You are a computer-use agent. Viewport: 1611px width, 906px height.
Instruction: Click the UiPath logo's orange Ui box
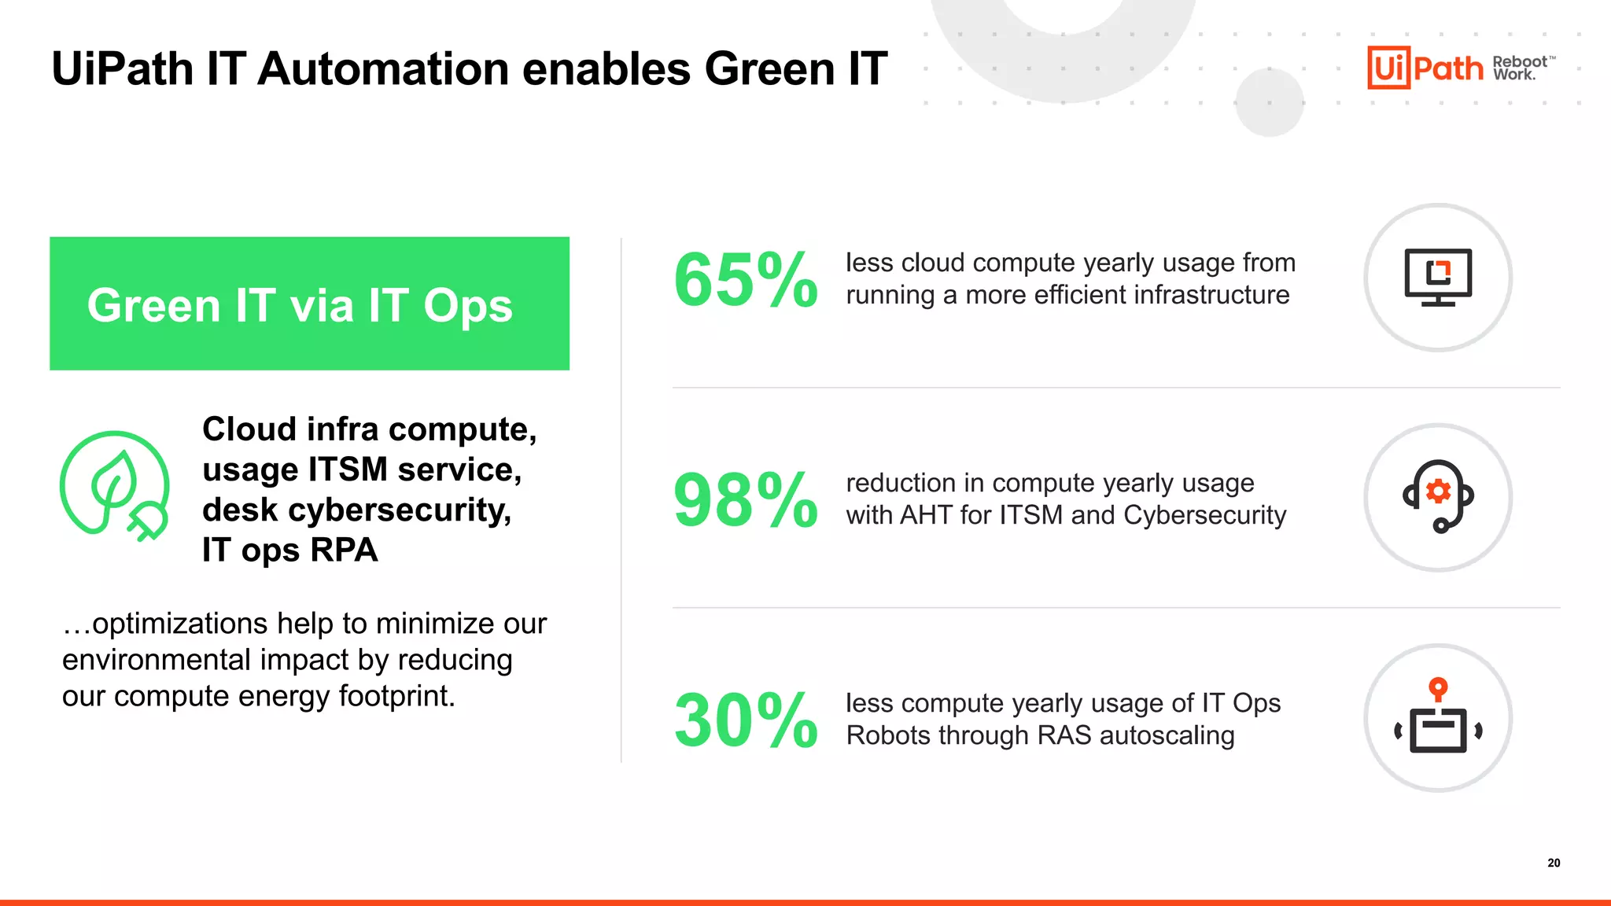[x=1388, y=68]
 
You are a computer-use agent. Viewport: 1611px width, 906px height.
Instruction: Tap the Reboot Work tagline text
[x=1521, y=68]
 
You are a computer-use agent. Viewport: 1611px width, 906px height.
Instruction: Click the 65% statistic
[x=745, y=280]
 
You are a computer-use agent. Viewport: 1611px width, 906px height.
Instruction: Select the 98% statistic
[x=745, y=500]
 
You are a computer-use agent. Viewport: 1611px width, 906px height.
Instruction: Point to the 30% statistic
[x=745, y=720]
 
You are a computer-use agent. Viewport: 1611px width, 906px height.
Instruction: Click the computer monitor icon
[x=1438, y=277]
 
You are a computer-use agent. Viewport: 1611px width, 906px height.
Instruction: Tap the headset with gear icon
[x=1438, y=496]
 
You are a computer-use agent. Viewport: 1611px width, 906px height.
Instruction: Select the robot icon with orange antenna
[x=1438, y=717]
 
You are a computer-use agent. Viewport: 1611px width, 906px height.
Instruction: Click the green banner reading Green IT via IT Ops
[x=309, y=304]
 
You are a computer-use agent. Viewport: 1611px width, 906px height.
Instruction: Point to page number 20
[x=1554, y=863]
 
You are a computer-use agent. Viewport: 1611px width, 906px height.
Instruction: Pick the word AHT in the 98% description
[x=926, y=515]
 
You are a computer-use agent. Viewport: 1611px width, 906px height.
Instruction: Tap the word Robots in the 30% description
[x=887, y=735]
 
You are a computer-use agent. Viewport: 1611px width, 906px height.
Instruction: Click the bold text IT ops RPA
[x=289, y=550]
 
